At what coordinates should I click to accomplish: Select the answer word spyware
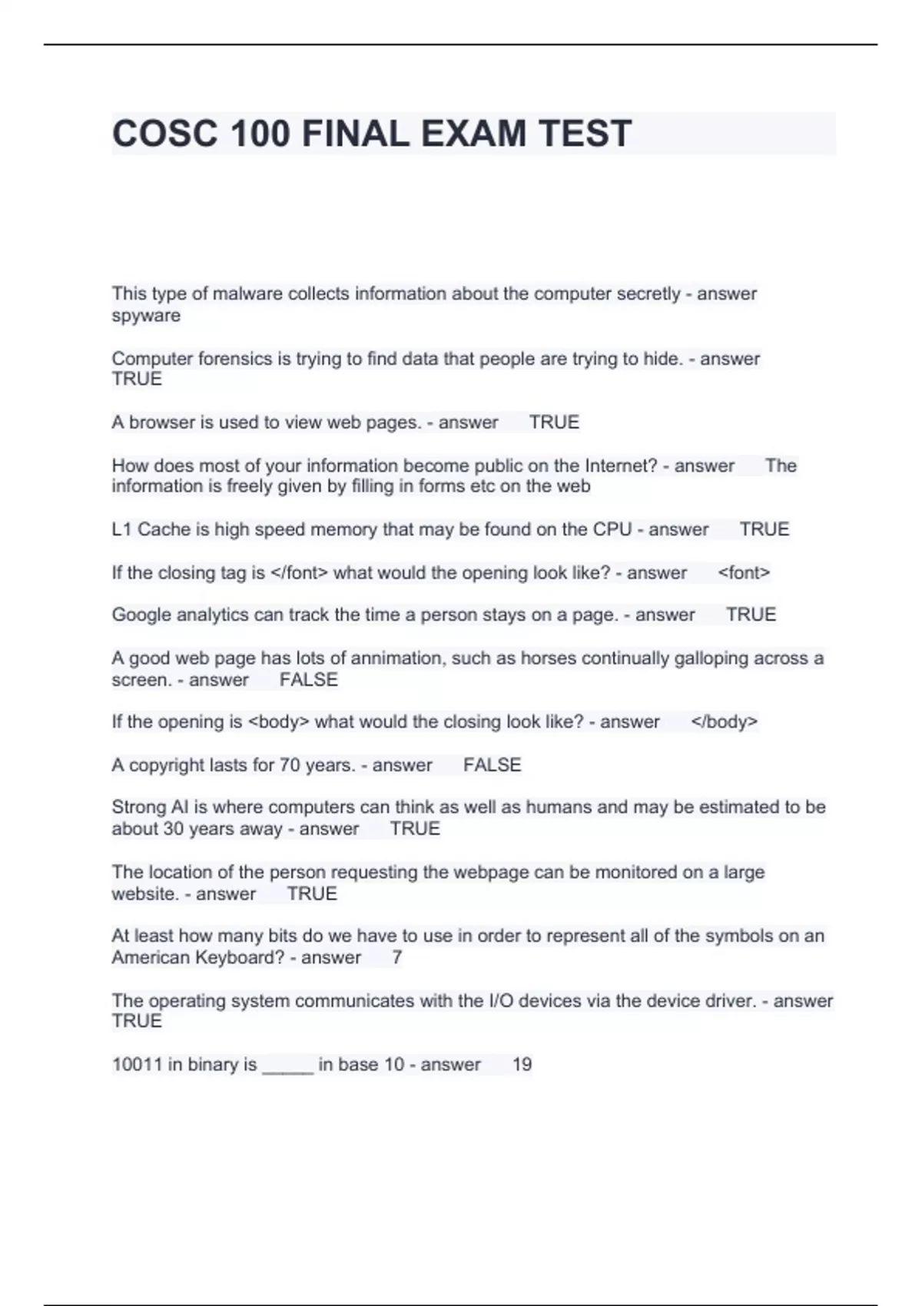[x=146, y=316]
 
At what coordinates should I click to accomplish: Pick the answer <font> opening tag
[x=743, y=573]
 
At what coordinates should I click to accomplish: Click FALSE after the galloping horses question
[x=308, y=680]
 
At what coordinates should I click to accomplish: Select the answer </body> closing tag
[x=724, y=722]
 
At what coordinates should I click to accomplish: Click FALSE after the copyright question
[x=492, y=765]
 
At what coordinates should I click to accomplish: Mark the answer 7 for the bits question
[x=396, y=958]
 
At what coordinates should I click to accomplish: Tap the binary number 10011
[x=137, y=1065]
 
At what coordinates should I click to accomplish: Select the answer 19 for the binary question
[x=522, y=1065]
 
